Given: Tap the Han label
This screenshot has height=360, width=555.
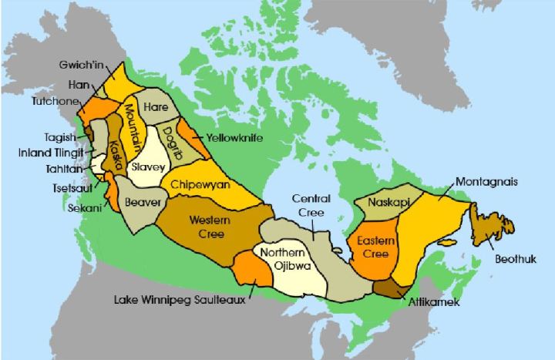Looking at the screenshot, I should click(x=78, y=85).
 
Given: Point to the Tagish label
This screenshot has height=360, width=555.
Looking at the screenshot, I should click(x=60, y=137).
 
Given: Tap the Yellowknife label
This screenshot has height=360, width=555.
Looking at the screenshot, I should click(x=236, y=138).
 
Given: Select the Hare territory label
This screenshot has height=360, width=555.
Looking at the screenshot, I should click(x=156, y=106).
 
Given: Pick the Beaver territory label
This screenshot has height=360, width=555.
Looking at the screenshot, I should click(x=143, y=203).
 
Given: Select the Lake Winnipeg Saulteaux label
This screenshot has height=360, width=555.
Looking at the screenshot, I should click(x=179, y=300).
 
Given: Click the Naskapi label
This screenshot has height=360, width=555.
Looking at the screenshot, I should click(x=389, y=203).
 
